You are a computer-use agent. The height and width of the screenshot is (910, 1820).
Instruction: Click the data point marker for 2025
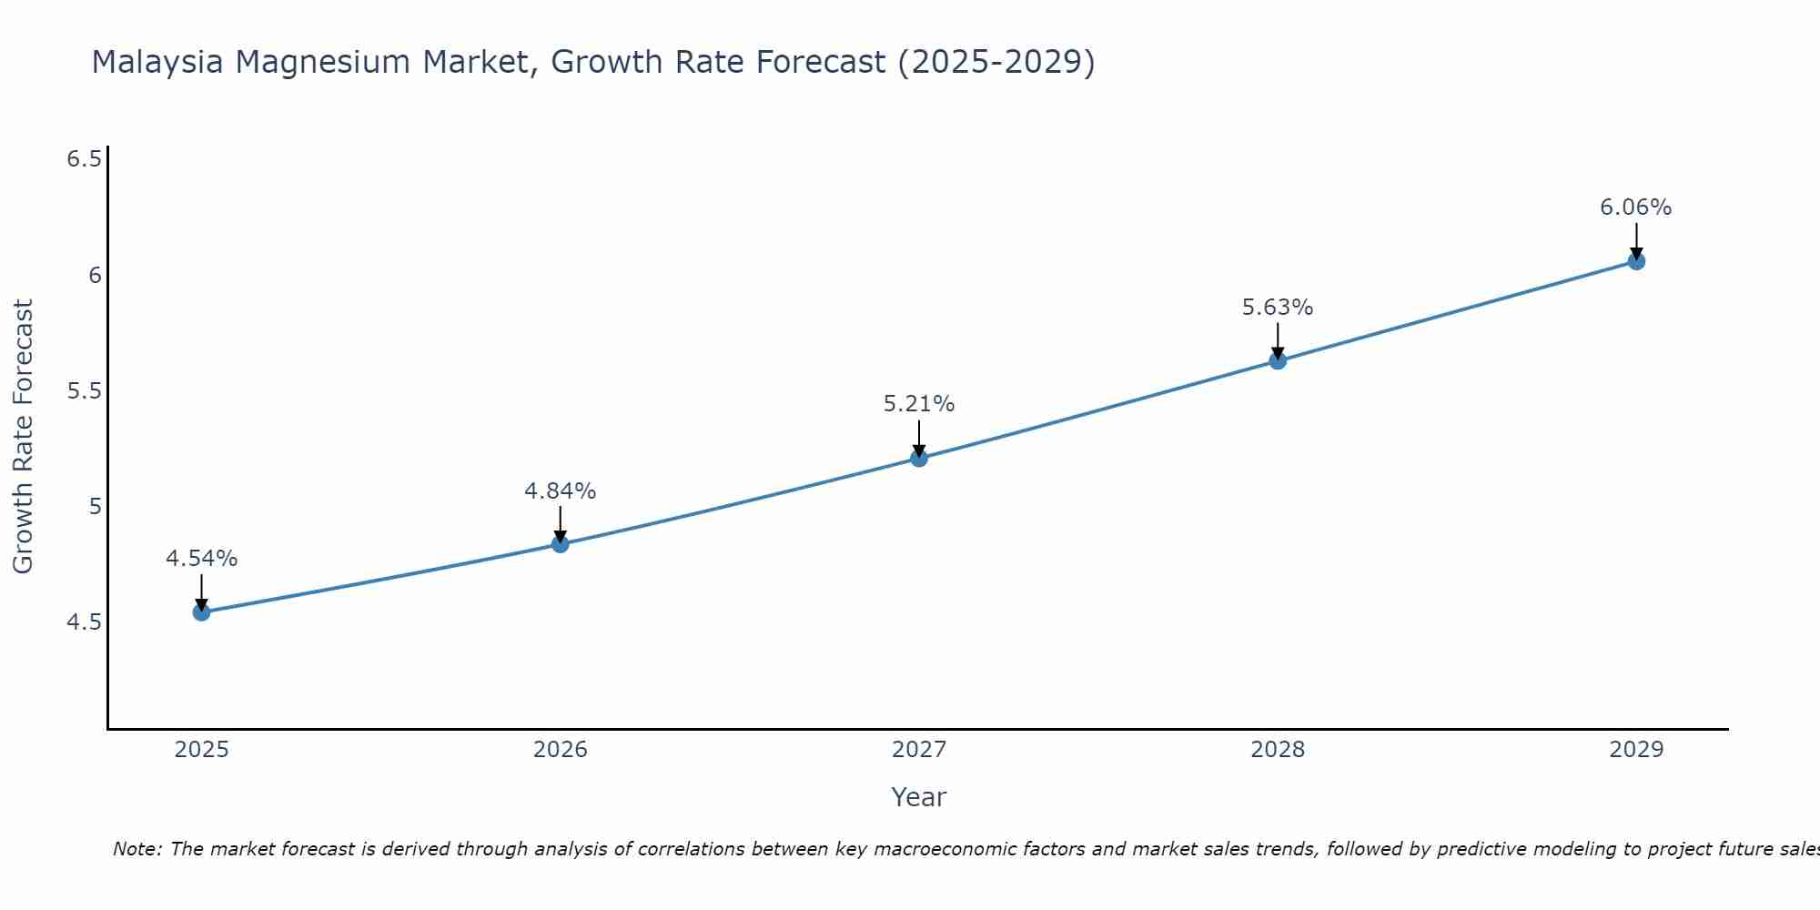(202, 612)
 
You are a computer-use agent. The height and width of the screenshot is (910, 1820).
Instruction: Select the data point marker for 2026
(561, 544)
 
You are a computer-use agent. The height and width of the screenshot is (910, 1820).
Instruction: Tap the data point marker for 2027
(919, 458)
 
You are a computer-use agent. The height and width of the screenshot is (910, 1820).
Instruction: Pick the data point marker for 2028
(1278, 361)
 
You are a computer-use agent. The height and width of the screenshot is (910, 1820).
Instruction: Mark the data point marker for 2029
(1636, 261)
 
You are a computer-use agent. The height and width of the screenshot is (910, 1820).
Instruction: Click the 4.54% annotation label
(202, 559)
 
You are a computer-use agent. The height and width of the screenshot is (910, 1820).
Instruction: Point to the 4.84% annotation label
(561, 491)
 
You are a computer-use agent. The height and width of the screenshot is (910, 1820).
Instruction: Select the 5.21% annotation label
(919, 404)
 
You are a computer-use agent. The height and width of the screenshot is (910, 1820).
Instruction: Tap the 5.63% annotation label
(1278, 308)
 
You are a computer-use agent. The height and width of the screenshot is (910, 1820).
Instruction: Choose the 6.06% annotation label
(1636, 207)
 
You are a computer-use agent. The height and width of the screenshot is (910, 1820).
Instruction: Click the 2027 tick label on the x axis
(919, 750)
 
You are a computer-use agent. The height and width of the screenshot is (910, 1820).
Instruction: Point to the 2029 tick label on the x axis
(1636, 750)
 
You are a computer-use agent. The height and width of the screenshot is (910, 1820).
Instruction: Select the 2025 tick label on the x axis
(202, 750)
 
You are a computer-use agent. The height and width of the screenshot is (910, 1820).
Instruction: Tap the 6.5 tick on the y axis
(84, 159)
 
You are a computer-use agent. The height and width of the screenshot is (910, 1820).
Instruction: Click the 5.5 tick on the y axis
(84, 391)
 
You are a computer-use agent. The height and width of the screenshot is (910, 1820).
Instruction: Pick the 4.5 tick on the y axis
(84, 622)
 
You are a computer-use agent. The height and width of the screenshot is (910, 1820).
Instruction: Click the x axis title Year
(919, 797)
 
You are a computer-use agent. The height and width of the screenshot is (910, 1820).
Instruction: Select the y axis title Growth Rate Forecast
(24, 437)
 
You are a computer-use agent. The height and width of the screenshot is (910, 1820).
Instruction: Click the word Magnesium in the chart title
(324, 62)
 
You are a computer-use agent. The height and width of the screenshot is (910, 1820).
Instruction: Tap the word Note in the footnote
(136, 849)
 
